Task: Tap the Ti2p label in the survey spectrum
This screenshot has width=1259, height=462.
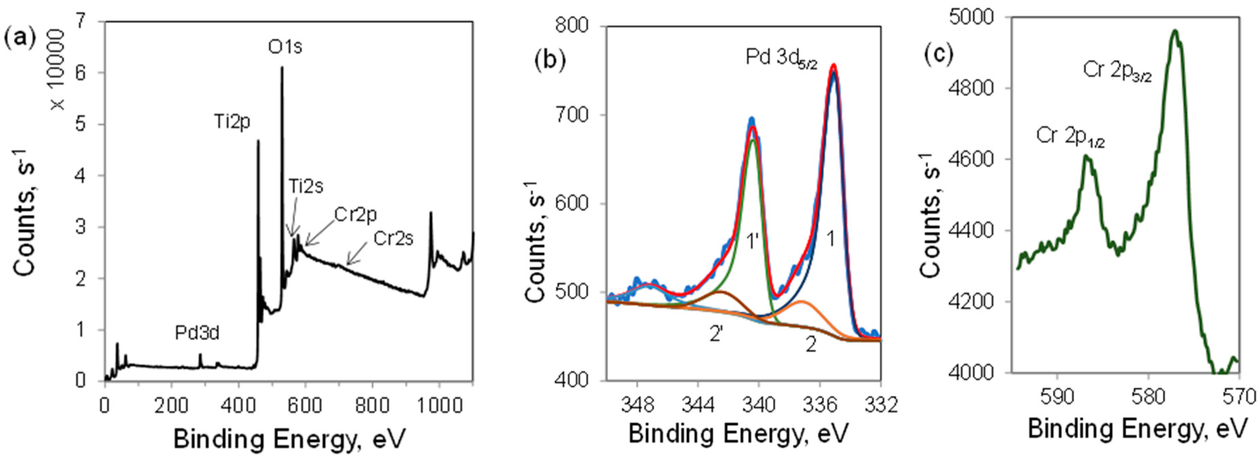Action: [x=232, y=122]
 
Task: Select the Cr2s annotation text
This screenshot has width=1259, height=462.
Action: [x=394, y=239]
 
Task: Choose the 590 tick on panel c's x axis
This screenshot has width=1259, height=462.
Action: [x=1057, y=398]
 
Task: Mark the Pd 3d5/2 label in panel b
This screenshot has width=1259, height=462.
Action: [x=781, y=58]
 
